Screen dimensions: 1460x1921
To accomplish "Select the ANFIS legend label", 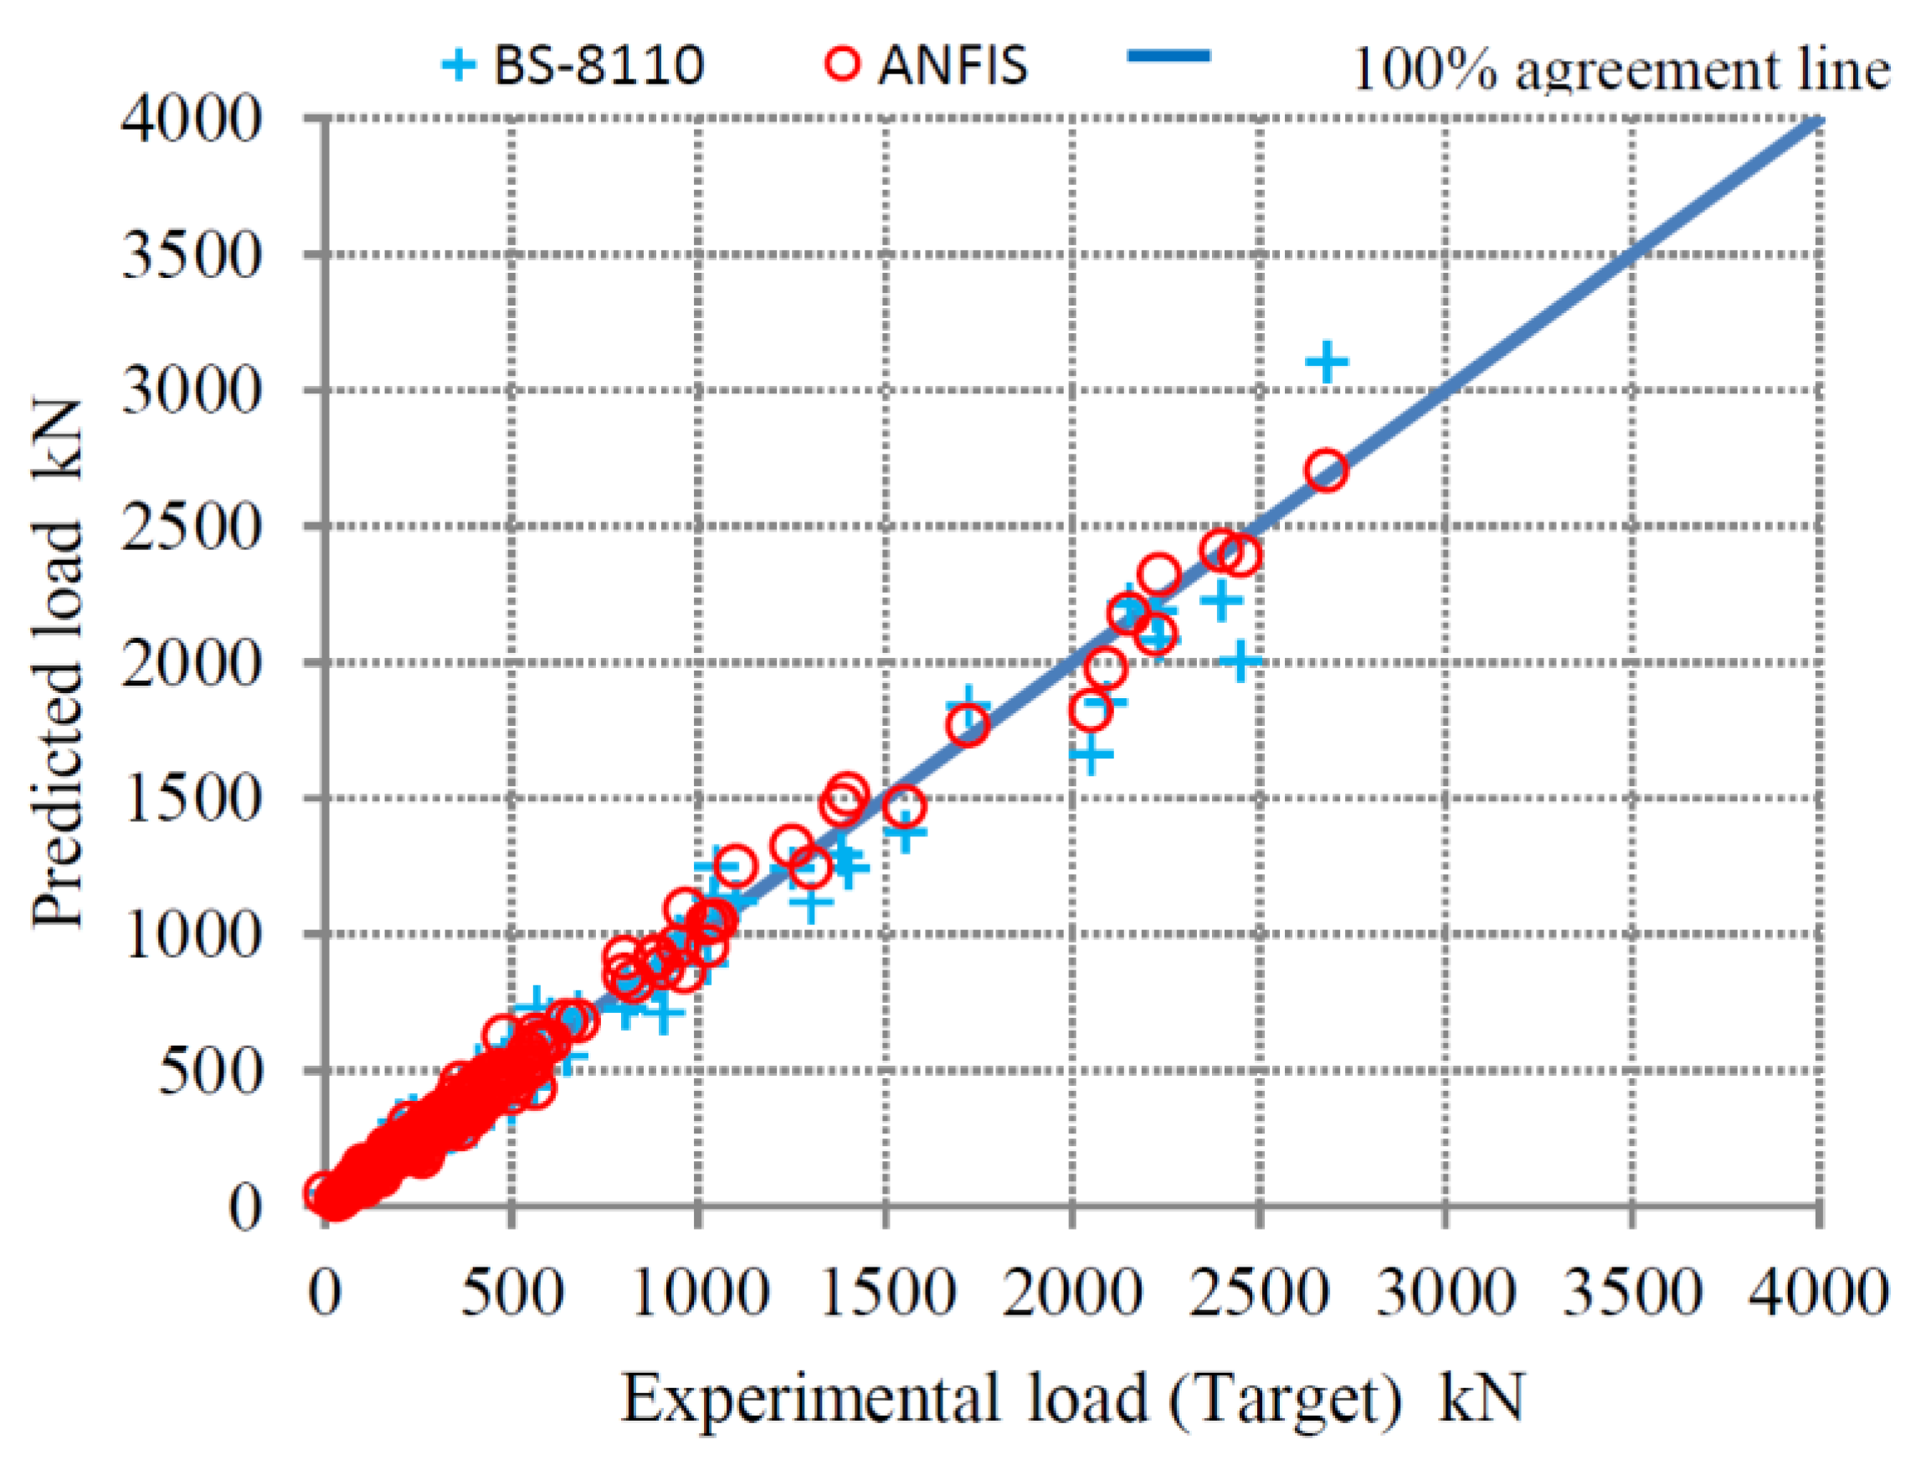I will tap(953, 64).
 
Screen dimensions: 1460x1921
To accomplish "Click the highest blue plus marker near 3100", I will tap(1327, 362).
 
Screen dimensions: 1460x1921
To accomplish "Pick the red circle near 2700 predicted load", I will tap(1326, 471).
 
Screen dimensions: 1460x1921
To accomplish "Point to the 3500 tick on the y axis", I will tap(192, 254).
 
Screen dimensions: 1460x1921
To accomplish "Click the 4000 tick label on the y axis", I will tap(192, 119).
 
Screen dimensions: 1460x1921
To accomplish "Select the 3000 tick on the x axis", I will tap(1446, 1293).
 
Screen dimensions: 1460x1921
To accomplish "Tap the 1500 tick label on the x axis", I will tap(886, 1293).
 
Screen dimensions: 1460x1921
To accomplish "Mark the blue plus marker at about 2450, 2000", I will tap(1240, 661).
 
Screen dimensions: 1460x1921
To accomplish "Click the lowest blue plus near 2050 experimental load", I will tap(1091, 754).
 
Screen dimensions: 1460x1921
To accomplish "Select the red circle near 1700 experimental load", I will tap(967, 725).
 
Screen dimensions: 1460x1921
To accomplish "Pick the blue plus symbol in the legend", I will tap(459, 64).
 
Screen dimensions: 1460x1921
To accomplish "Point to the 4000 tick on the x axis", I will tap(1819, 1293).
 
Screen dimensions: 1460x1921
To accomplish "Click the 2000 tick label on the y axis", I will tap(192, 663).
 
